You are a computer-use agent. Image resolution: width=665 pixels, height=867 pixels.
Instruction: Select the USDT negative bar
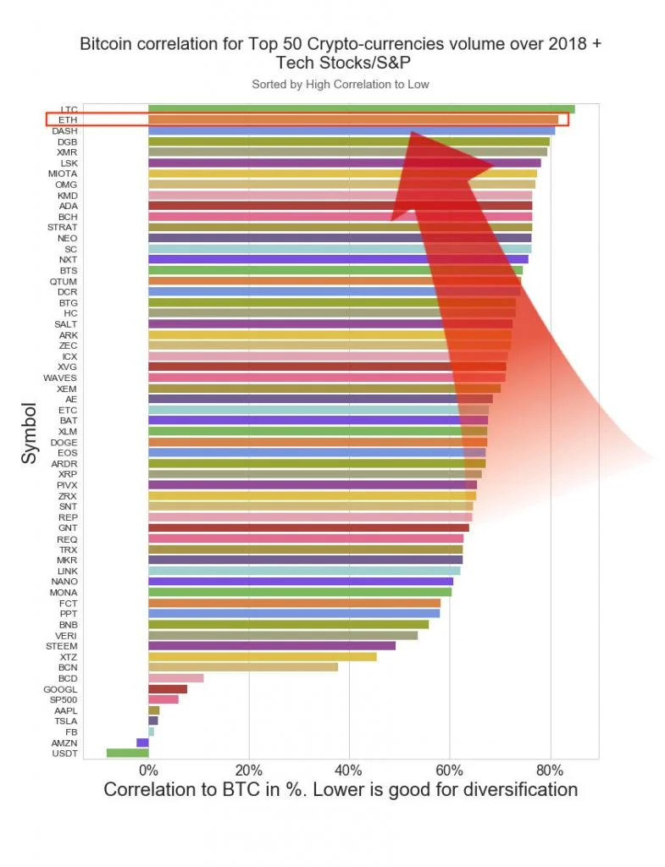tap(127, 753)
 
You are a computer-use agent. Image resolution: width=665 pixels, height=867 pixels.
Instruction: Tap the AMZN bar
tap(142, 743)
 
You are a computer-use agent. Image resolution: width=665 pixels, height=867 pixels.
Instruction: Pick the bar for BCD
tap(175, 678)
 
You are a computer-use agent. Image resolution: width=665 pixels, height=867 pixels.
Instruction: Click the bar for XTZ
tap(262, 656)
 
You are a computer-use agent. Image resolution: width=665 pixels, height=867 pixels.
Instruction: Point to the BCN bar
tap(242, 667)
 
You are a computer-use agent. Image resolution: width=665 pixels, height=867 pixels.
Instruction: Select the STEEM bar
tap(271, 646)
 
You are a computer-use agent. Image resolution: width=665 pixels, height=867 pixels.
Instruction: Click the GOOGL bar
tap(167, 689)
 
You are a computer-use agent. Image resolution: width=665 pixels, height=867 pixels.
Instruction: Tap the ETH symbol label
tap(69, 120)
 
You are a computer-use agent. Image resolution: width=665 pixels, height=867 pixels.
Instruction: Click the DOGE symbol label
tap(64, 442)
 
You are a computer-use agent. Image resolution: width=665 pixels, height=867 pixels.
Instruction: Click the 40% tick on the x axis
tap(349, 770)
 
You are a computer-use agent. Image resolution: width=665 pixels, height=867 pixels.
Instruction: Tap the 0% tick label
tap(148, 770)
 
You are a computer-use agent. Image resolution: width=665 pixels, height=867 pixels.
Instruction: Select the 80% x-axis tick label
tap(550, 770)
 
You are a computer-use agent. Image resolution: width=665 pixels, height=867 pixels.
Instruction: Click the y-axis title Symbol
tap(30, 433)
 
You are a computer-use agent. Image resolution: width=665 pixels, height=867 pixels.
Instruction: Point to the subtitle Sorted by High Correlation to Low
tap(340, 85)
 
